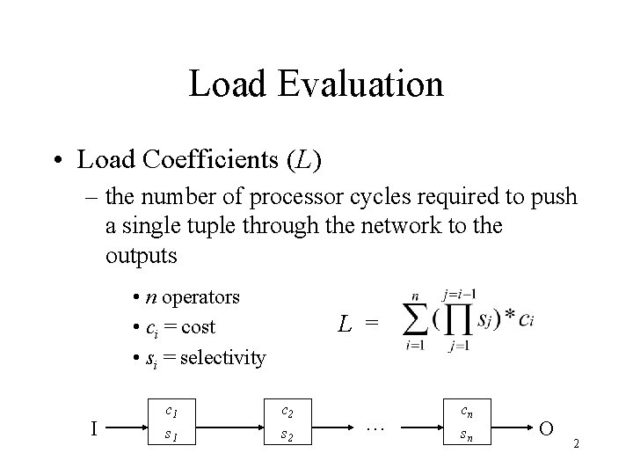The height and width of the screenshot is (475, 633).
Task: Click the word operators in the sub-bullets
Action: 202,297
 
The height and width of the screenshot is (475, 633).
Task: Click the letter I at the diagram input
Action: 94,429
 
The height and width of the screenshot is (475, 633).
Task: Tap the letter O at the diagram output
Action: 546,429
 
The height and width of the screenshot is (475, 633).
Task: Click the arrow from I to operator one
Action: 127,429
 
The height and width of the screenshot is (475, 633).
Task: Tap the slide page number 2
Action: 576,444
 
